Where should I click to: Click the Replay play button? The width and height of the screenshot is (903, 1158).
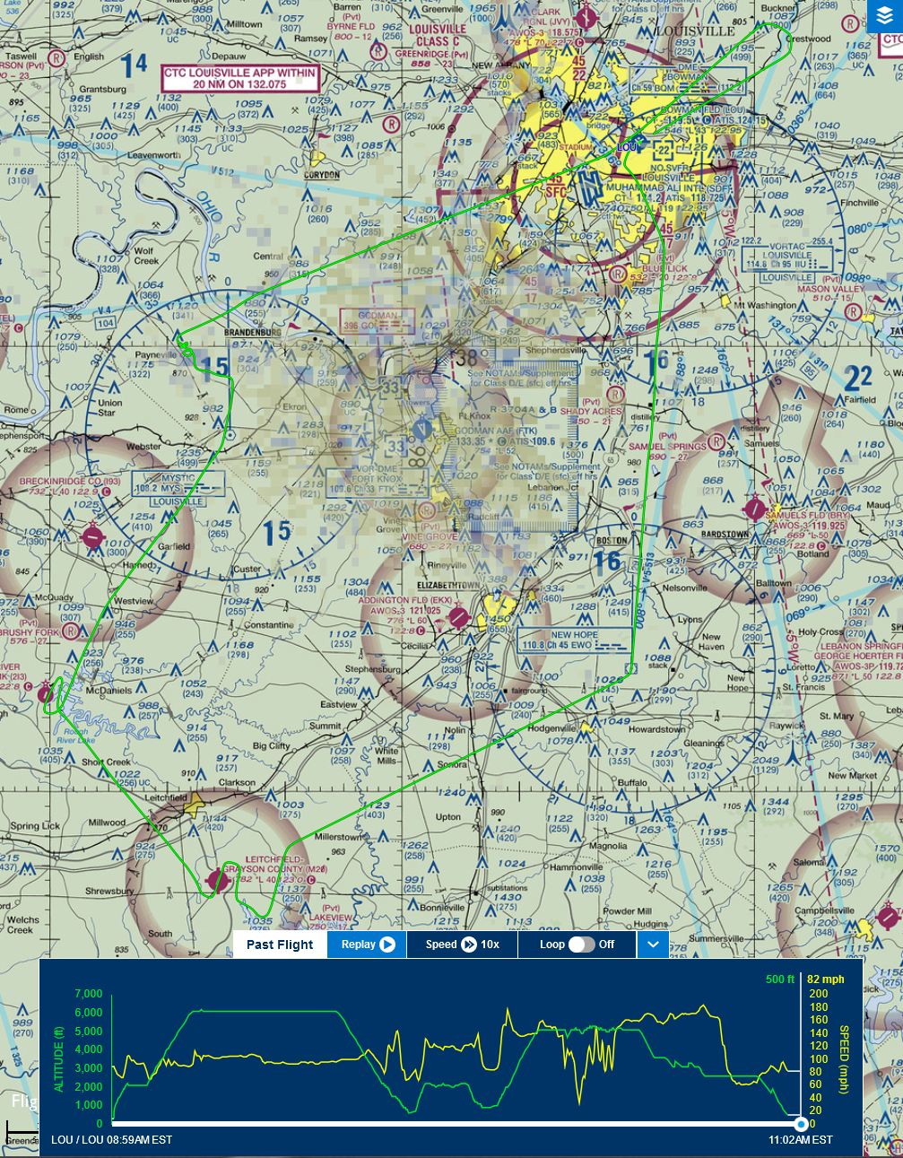[x=386, y=945]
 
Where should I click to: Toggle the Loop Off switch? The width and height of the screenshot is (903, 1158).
[x=581, y=945]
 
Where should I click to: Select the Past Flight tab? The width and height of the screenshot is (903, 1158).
[x=280, y=945]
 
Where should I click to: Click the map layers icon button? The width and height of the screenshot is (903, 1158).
[x=885, y=17]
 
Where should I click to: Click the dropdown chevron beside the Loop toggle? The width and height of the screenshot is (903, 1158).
[x=653, y=945]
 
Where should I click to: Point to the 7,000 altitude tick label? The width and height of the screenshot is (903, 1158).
[x=89, y=994]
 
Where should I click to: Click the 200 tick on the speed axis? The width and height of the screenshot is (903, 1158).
[x=818, y=994]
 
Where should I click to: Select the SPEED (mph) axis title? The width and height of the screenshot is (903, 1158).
[x=844, y=1059]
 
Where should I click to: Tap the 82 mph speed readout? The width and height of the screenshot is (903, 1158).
[x=826, y=980]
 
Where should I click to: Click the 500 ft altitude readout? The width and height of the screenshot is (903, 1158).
[x=780, y=980]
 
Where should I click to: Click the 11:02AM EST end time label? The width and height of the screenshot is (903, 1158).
[x=800, y=1140]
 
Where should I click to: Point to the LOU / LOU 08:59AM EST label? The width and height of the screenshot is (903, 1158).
[x=111, y=1140]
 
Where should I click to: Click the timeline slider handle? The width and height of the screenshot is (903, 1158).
[x=801, y=1124]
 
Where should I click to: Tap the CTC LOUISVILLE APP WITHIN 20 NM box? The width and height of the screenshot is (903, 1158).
[x=240, y=78]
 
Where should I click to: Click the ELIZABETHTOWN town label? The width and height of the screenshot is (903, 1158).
[x=449, y=585]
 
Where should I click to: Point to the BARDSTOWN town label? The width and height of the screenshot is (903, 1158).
[x=724, y=535]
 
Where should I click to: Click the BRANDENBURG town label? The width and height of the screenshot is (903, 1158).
[x=252, y=332]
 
